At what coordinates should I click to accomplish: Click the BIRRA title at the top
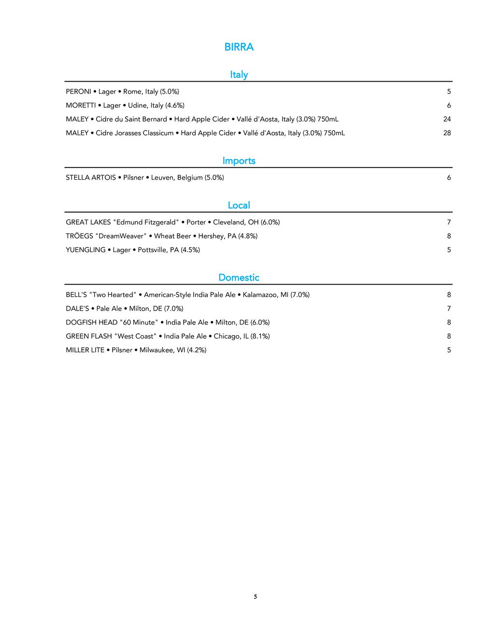[239, 47]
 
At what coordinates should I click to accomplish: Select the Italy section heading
[239, 74]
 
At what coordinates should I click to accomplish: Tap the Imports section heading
[239, 160]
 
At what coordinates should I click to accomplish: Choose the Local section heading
[239, 205]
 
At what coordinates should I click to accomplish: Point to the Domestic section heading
[239, 277]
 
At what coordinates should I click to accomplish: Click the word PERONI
[78, 92]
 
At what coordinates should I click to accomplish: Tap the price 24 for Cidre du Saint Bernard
[447, 119]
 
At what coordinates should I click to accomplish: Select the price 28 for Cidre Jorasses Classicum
[447, 133]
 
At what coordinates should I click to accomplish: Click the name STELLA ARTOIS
[91, 178]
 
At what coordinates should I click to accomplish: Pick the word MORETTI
[81, 105]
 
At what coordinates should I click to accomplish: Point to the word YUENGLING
[85, 250]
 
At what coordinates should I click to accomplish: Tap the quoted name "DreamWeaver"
[121, 236]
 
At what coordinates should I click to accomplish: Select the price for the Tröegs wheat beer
[449, 236]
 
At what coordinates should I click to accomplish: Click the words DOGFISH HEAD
[92, 323]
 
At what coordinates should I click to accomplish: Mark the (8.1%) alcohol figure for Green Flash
[260, 337]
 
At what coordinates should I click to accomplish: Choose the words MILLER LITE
[85, 350]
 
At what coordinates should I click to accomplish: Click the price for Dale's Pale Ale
[449, 309]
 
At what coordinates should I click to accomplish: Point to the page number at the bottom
[255, 597]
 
